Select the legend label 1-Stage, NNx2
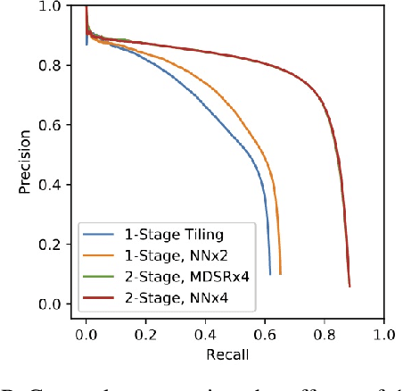[x=157, y=255]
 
